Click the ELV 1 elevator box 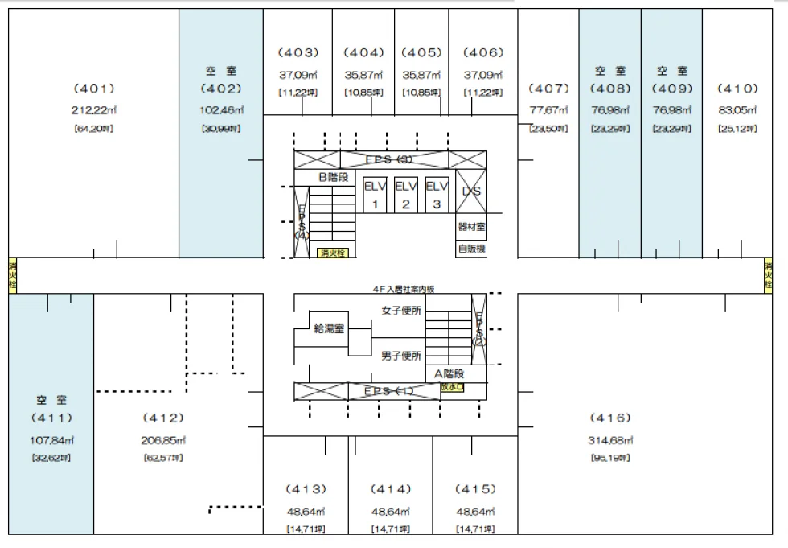[375, 195]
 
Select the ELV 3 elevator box [436, 195]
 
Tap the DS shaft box [471, 192]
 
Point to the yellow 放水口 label [452, 387]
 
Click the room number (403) [298, 53]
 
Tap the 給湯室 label [329, 328]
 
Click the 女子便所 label [400, 311]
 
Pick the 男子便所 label [400, 356]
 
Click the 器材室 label [471, 228]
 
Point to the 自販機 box [471, 249]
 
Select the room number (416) [610, 418]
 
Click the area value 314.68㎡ [610, 440]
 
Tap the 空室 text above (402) [221, 72]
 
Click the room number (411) [51, 418]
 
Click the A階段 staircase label [449, 373]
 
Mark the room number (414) [392, 489]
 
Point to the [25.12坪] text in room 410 [737, 128]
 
